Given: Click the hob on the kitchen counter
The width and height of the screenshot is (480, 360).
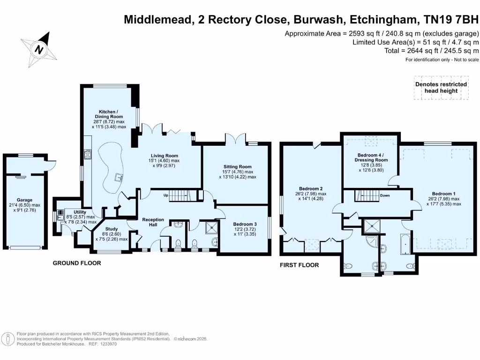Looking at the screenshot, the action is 88,154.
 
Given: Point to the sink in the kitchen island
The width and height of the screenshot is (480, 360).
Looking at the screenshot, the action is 119,177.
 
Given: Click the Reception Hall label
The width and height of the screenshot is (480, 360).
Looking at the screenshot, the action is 153,222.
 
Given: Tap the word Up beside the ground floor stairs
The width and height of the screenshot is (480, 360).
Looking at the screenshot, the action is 166,195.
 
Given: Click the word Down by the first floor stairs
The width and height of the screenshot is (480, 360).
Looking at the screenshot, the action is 385,195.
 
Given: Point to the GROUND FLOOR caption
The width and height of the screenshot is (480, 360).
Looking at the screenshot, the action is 77,263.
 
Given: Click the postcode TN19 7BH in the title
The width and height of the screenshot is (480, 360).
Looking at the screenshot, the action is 451,20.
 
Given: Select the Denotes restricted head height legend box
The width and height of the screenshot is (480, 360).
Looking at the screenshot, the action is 441,88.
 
